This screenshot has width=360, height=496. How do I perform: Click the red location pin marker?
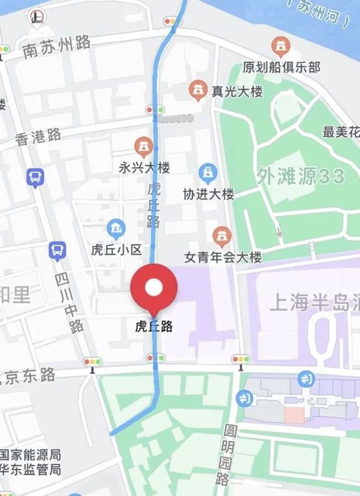tap(154, 287)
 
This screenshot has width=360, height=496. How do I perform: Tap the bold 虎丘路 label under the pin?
tap(153, 326)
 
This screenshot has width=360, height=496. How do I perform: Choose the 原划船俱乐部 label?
tap(281, 67)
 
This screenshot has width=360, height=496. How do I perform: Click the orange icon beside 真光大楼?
tap(197, 90)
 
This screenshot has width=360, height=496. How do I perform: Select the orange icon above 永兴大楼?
tap(144, 147)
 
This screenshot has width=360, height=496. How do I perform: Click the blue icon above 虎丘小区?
tap(117, 229)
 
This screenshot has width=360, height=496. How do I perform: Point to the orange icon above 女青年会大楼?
tap(223, 236)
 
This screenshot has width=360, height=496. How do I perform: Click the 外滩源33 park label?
tap(300, 176)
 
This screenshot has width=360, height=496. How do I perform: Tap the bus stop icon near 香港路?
tap(35, 178)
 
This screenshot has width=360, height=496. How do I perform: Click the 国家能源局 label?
tap(31, 455)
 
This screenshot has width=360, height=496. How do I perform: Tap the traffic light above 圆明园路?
tap(240, 360)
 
